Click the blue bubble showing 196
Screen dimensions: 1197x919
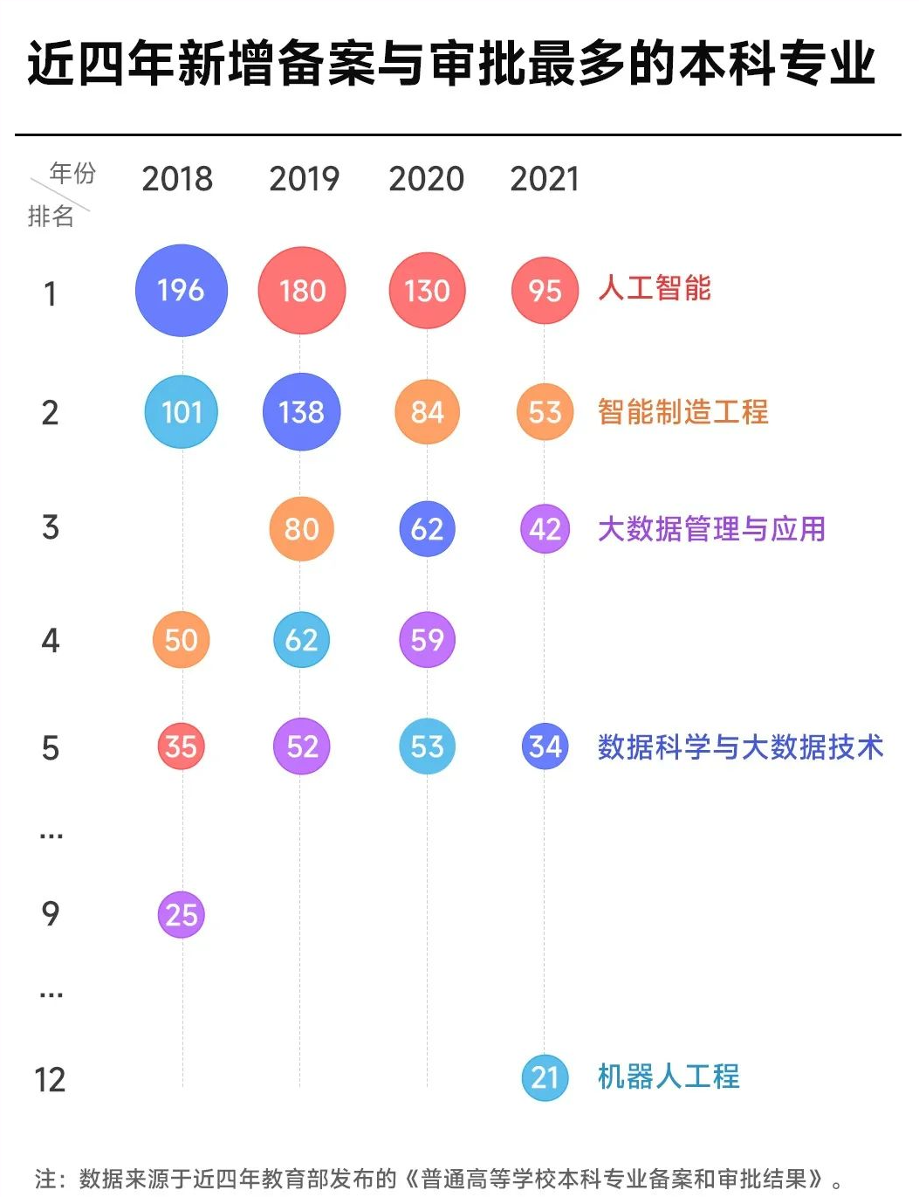[182, 290]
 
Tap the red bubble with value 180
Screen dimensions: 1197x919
[302, 290]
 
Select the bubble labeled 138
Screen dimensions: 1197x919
[301, 411]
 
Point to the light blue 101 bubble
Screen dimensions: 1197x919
[182, 411]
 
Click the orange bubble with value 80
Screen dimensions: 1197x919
[301, 528]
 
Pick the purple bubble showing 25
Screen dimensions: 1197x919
[182, 914]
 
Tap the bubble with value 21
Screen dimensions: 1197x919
[545, 1077]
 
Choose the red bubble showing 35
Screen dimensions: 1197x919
[182, 746]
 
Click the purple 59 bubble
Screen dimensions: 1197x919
[427, 640]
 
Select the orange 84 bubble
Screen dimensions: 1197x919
[427, 411]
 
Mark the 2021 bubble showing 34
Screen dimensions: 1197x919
[545, 746]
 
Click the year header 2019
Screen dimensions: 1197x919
[304, 179]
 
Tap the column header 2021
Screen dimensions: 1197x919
[545, 179]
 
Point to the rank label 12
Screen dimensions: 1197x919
[50, 1080]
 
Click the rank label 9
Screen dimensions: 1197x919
[51, 914]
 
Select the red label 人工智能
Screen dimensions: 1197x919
[655, 288]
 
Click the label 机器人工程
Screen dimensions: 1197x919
[669, 1077]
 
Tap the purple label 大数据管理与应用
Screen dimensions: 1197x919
[711, 528]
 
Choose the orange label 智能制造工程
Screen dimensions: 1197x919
[682, 411]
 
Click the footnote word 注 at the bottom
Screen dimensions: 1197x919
[46, 1179]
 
